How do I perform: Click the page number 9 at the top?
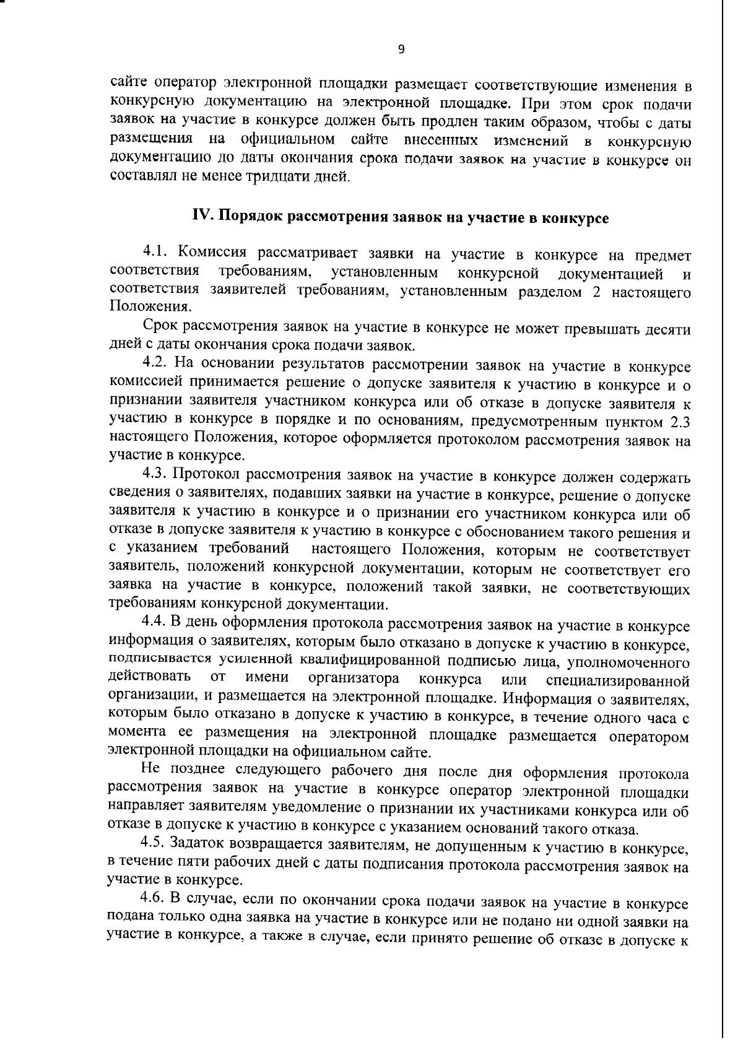401,50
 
